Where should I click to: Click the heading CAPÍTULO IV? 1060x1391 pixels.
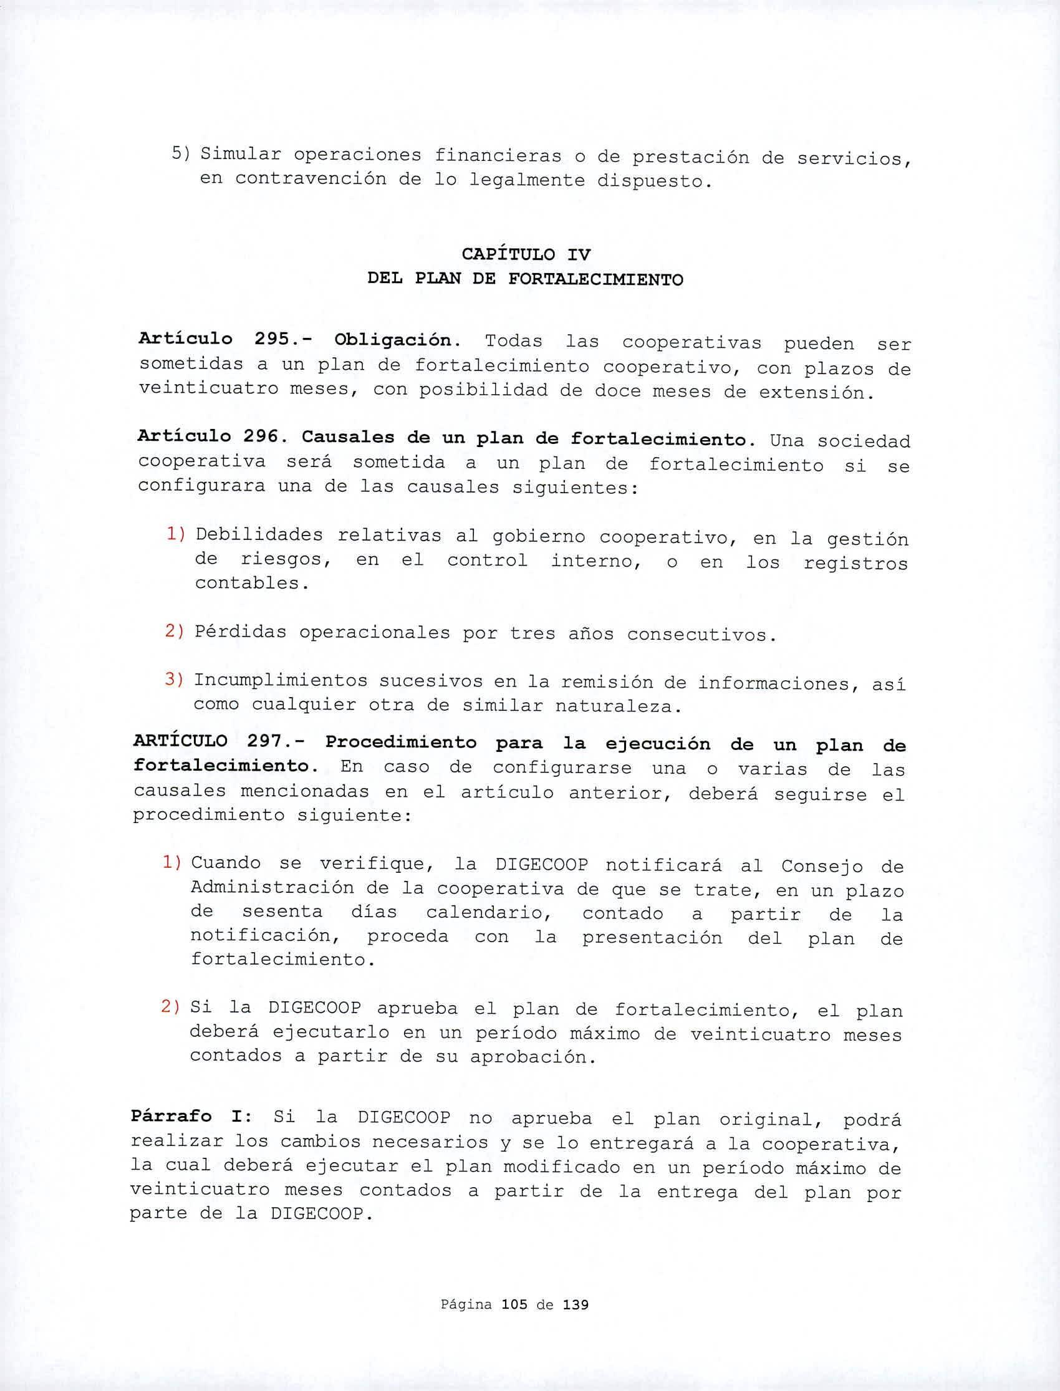coord(526,255)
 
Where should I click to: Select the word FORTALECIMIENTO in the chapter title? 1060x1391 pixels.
coord(595,279)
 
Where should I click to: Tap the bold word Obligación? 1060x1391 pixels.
coord(393,340)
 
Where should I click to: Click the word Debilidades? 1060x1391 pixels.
coord(259,536)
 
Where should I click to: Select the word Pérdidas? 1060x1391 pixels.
coord(240,632)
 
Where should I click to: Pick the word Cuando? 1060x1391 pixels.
coord(226,862)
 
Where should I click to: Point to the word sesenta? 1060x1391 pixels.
coord(282,912)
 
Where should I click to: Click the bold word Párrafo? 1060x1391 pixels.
coord(171,1116)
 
